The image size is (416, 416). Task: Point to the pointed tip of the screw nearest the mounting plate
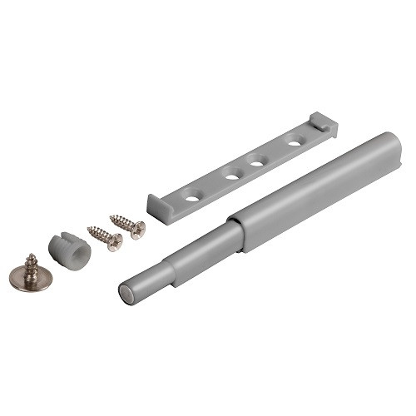(x=111, y=218)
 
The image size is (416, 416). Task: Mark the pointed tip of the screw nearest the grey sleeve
(x=89, y=230)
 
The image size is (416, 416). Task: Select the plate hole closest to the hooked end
(x=294, y=143)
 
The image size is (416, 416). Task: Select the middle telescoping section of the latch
(x=200, y=241)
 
